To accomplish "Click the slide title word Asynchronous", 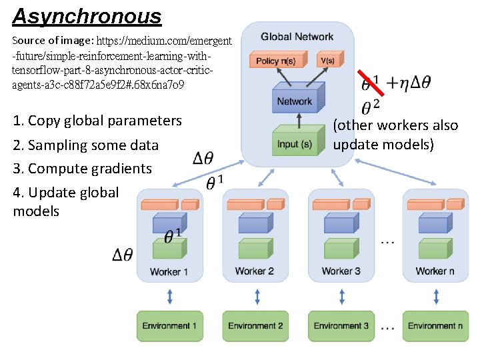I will (x=87, y=17).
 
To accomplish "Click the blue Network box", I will (x=295, y=101).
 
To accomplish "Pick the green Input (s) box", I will (x=294, y=143).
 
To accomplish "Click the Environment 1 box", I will (x=169, y=325).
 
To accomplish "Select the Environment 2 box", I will (x=255, y=325).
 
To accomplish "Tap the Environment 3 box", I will (x=341, y=325).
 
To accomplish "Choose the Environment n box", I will (x=435, y=325).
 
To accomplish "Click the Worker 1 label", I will (x=169, y=271).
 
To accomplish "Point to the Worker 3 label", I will (x=341, y=271).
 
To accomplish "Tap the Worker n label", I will (x=435, y=271).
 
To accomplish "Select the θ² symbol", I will (x=371, y=107).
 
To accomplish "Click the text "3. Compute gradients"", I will (x=82, y=169).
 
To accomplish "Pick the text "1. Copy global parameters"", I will (x=97, y=121).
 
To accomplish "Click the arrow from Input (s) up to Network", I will (x=299, y=121).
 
